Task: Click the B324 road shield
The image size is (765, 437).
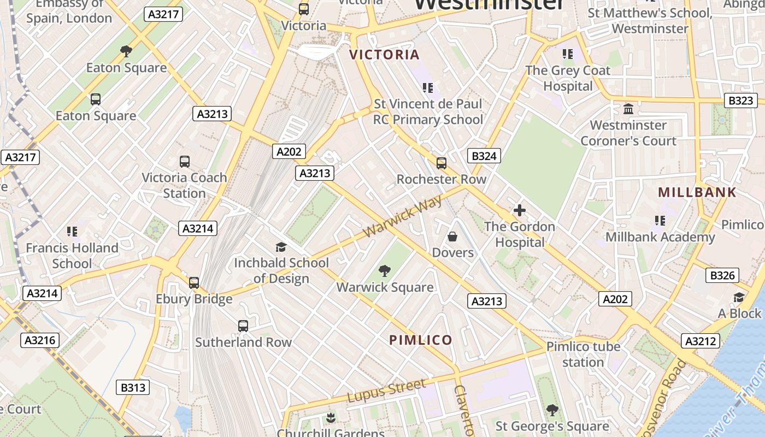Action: pos(484,156)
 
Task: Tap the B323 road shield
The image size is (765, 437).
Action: pos(741,101)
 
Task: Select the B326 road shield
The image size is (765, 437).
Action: pos(722,275)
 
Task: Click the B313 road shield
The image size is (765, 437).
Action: pos(133,388)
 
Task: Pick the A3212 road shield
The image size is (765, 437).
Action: pos(700,341)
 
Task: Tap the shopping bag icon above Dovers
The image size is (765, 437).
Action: pos(452,237)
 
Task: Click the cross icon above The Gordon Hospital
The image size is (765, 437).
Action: pos(519,210)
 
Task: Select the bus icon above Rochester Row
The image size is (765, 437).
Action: pos(441,163)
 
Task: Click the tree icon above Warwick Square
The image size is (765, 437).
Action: pos(385,271)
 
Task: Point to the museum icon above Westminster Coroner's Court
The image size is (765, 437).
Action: pos(628,109)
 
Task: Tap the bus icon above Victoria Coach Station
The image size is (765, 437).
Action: pos(185,162)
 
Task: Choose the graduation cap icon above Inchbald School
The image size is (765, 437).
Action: pos(281,247)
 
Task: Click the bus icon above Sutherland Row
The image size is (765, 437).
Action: pos(243,326)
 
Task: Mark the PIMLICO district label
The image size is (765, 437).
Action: pos(421,340)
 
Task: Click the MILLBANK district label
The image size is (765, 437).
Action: pos(697,192)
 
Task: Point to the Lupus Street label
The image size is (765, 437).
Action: pos(386,391)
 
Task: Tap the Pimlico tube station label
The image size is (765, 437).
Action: pos(583,354)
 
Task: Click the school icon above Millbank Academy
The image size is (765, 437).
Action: pos(660,221)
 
